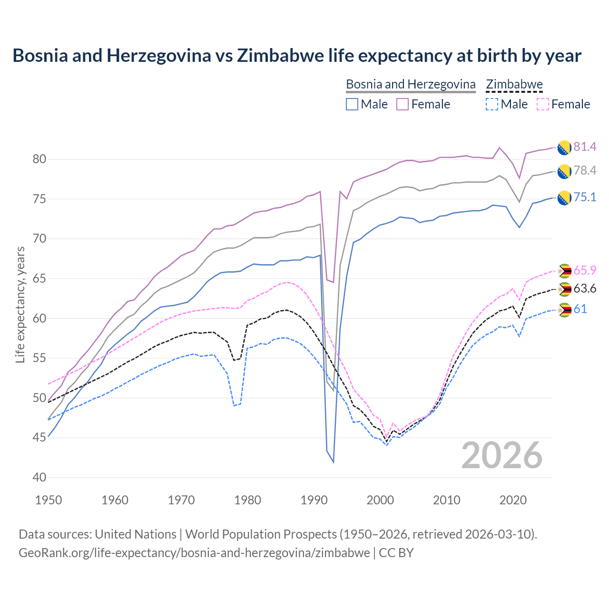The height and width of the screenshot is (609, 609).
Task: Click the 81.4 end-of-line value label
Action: tap(585, 147)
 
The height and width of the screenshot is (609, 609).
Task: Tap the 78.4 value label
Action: tap(585, 171)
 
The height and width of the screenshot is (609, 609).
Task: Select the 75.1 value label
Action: tap(585, 197)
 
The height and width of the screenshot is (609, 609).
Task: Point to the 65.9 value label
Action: tap(585, 271)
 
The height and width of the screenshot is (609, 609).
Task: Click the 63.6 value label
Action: tap(585, 289)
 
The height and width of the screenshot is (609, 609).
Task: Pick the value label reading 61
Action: tap(580, 309)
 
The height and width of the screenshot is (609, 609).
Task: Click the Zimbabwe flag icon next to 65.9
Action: tap(564, 271)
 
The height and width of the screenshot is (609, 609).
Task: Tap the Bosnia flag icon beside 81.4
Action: tap(564, 147)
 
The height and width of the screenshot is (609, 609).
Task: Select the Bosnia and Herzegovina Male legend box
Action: tap(352, 104)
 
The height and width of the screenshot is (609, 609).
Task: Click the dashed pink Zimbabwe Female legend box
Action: tap(542, 104)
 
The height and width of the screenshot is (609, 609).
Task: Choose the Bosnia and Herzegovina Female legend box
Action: tap(403, 104)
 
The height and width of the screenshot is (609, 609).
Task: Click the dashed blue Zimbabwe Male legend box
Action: tap(492, 104)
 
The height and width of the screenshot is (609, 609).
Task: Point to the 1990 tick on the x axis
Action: tap(314, 500)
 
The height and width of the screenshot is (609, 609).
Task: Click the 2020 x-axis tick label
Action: tap(513, 500)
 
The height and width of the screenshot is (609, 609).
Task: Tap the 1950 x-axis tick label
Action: tap(49, 500)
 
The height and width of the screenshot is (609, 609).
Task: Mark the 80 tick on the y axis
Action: tap(39, 159)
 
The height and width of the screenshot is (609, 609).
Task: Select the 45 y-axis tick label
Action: tap(39, 437)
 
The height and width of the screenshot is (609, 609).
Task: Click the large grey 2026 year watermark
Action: tap(502, 455)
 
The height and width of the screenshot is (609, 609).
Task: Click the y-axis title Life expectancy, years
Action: tap(20, 304)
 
